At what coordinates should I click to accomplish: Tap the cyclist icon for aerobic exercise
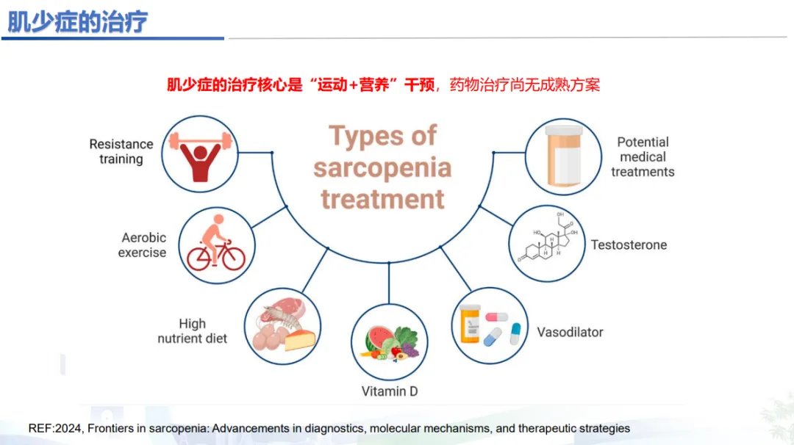pos(215,247)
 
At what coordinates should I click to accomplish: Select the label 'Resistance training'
pos(121,151)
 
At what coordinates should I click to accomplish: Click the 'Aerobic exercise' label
pos(144,245)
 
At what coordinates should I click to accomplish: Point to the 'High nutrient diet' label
pos(193,331)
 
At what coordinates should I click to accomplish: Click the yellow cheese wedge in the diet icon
pos(300,339)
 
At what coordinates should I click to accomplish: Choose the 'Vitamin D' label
pos(390,391)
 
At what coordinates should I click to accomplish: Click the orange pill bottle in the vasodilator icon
pos(470,325)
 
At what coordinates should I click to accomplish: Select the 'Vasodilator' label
pos(570,332)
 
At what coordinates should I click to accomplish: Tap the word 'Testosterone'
pos(629,245)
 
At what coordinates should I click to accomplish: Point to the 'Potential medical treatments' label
pos(643,156)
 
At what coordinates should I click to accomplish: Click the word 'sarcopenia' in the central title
pos(382,168)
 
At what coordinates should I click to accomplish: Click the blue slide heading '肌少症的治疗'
pos(77,21)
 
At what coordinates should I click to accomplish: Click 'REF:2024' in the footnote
pos(57,428)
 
